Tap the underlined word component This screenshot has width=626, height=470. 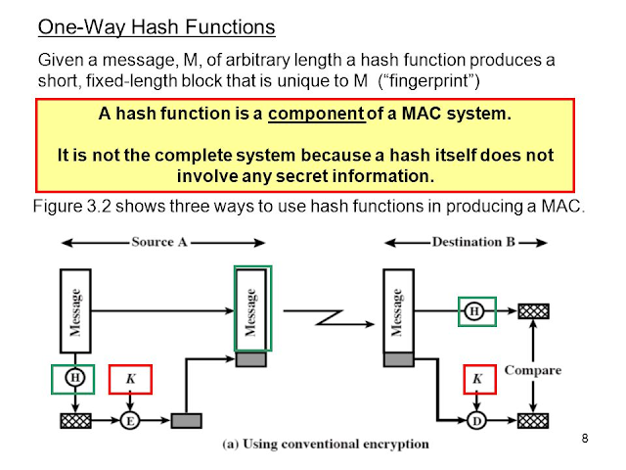(317, 114)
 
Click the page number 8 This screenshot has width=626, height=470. (584, 437)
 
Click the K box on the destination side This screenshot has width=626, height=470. (478, 377)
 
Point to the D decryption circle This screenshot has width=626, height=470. (477, 420)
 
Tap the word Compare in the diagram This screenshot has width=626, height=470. (532, 371)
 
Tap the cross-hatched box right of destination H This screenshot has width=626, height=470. (533, 311)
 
